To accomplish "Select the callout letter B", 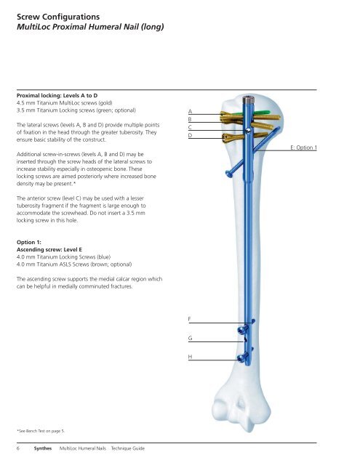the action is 191,120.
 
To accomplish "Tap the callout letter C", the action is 191,128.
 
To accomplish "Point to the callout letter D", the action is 191,136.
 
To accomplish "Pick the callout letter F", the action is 190,319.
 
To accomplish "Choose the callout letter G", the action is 190,338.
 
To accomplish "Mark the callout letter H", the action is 190,357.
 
